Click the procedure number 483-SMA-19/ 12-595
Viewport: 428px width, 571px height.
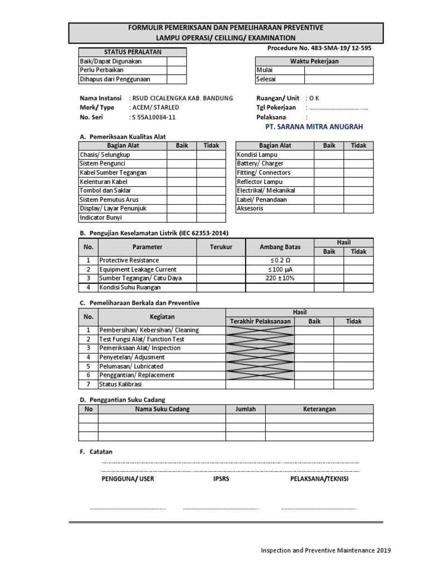click(320, 48)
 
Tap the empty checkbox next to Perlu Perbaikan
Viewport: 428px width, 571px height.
click(175, 70)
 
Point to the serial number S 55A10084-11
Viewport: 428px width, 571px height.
click(153, 118)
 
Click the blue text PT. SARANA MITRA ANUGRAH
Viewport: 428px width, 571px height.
click(315, 127)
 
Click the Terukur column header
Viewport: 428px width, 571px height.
click(221, 247)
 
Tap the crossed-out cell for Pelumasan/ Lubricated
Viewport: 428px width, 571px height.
click(260, 366)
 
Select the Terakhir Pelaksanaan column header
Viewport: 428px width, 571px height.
click(260, 321)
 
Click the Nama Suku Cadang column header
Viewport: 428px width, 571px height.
click(162, 409)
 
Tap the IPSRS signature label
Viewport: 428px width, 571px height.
click(221, 479)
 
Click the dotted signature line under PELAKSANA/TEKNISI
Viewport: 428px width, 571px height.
click(319, 508)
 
